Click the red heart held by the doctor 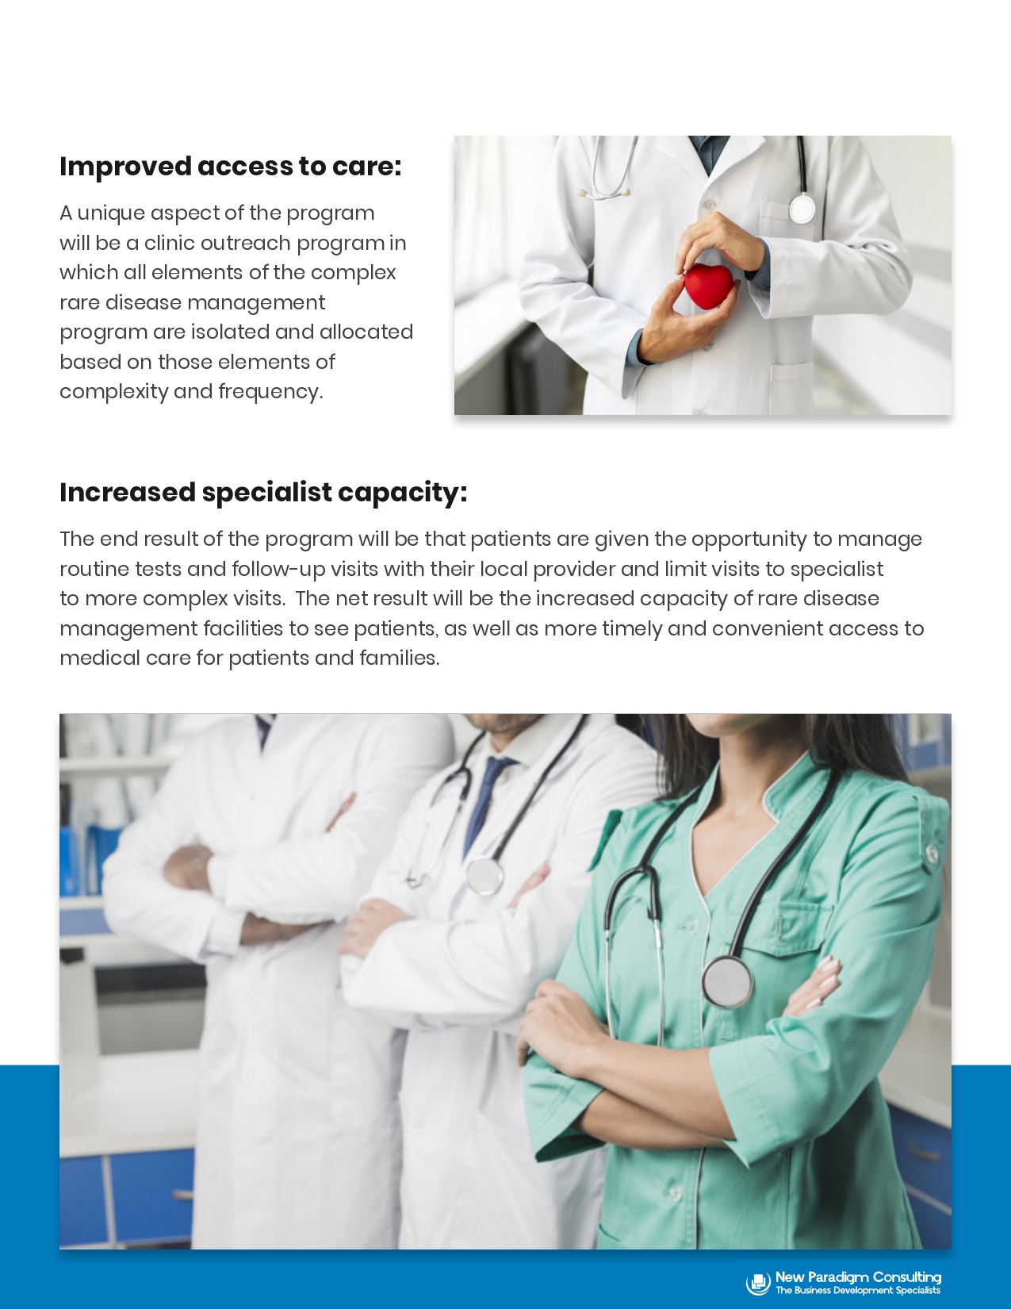[x=708, y=286]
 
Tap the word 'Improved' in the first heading [x=125, y=167]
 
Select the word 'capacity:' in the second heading [x=402, y=493]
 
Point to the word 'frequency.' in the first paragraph [x=270, y=392]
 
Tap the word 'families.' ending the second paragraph [x=399, y=658]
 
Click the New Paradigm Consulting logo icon [x=758, y=1283]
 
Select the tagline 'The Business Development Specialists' [x=857, y=1290]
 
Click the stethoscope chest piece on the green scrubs [x=728, y=982]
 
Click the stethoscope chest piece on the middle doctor [x=484, y=875]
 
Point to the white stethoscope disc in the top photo [x=802, y=209]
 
